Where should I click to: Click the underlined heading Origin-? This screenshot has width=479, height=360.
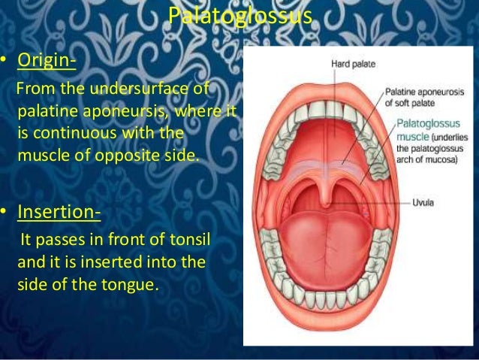pyautogui.click(x=45, y=59)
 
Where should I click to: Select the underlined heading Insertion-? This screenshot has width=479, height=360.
pyautogui.click(x=57, y=212)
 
